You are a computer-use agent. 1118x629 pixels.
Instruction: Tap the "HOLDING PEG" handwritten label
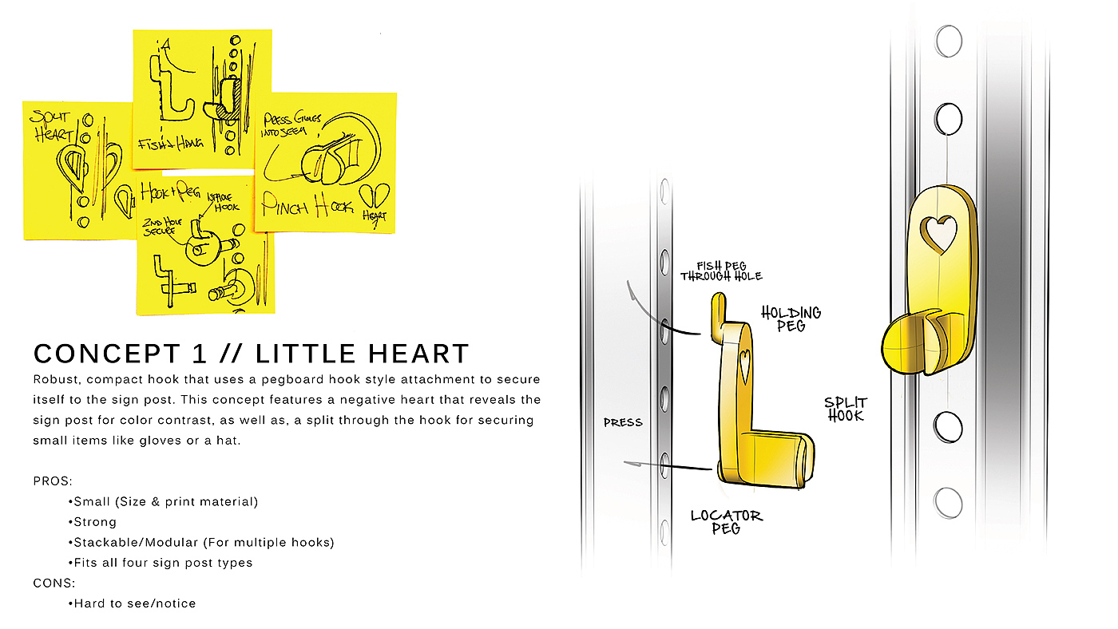791,319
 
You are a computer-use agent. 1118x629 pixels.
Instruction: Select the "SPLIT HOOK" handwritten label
845,409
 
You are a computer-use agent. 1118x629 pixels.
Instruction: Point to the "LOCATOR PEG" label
727,522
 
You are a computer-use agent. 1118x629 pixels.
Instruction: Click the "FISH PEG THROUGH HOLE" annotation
721,271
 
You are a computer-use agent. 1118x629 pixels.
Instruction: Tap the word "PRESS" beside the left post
622,422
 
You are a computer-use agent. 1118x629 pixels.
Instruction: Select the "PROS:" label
53,481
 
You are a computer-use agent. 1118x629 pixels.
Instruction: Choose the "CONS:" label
54,583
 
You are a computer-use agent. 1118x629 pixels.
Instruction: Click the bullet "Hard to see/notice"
134,603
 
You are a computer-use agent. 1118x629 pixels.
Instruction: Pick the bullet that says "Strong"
94,522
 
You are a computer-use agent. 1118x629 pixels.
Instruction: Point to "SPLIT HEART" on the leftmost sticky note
49,125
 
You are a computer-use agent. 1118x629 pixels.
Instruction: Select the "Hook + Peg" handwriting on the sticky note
168,192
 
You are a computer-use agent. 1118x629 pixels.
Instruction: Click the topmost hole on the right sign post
948,41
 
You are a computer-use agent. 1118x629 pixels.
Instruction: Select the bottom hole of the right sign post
948,503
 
